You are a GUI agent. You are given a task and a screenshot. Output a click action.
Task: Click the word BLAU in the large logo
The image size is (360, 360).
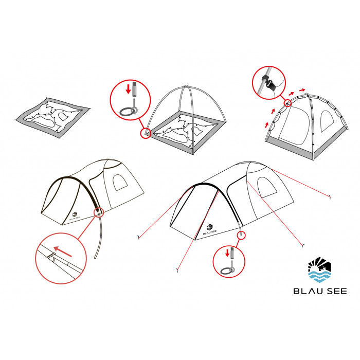(308, 291)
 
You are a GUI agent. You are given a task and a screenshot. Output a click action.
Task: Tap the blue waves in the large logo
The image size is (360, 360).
(319, 277)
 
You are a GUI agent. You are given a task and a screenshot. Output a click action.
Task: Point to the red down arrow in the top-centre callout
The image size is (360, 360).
(128, 89)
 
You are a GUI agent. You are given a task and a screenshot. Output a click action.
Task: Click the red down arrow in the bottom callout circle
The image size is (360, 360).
(227, 253)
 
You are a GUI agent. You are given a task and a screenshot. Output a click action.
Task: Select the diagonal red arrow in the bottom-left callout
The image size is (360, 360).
(62, 251)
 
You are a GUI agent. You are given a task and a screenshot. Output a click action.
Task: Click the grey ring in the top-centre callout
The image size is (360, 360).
(128, 112)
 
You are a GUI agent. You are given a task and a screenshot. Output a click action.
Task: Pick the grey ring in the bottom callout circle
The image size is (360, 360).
(227, 271)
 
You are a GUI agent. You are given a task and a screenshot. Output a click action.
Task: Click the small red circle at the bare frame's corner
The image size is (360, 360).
(146, 133)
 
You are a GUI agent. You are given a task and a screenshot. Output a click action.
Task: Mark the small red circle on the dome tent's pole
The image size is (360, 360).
(287, 103)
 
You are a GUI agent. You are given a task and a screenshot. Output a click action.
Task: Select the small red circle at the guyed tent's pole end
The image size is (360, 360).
(241, 235)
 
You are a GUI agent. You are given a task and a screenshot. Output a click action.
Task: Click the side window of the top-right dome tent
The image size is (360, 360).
(327, 121)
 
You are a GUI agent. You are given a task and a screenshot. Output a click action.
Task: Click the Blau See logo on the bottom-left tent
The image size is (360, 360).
(74, 217)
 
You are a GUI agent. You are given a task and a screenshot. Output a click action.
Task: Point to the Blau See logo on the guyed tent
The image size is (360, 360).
(210, 229)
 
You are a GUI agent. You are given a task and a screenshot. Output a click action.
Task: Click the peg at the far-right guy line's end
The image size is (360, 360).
(330, 196)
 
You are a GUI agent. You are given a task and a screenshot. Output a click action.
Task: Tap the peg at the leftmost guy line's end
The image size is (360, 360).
(138, 237)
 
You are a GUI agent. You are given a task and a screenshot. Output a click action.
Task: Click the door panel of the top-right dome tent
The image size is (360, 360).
(295, 125)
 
